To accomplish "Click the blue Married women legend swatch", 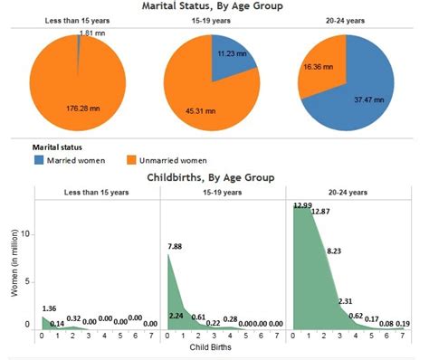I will tap(39, 159).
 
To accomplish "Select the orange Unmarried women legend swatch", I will tap(130, 159).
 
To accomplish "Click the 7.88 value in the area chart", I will tap(175, 245).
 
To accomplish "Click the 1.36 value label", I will tap(49, 308).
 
